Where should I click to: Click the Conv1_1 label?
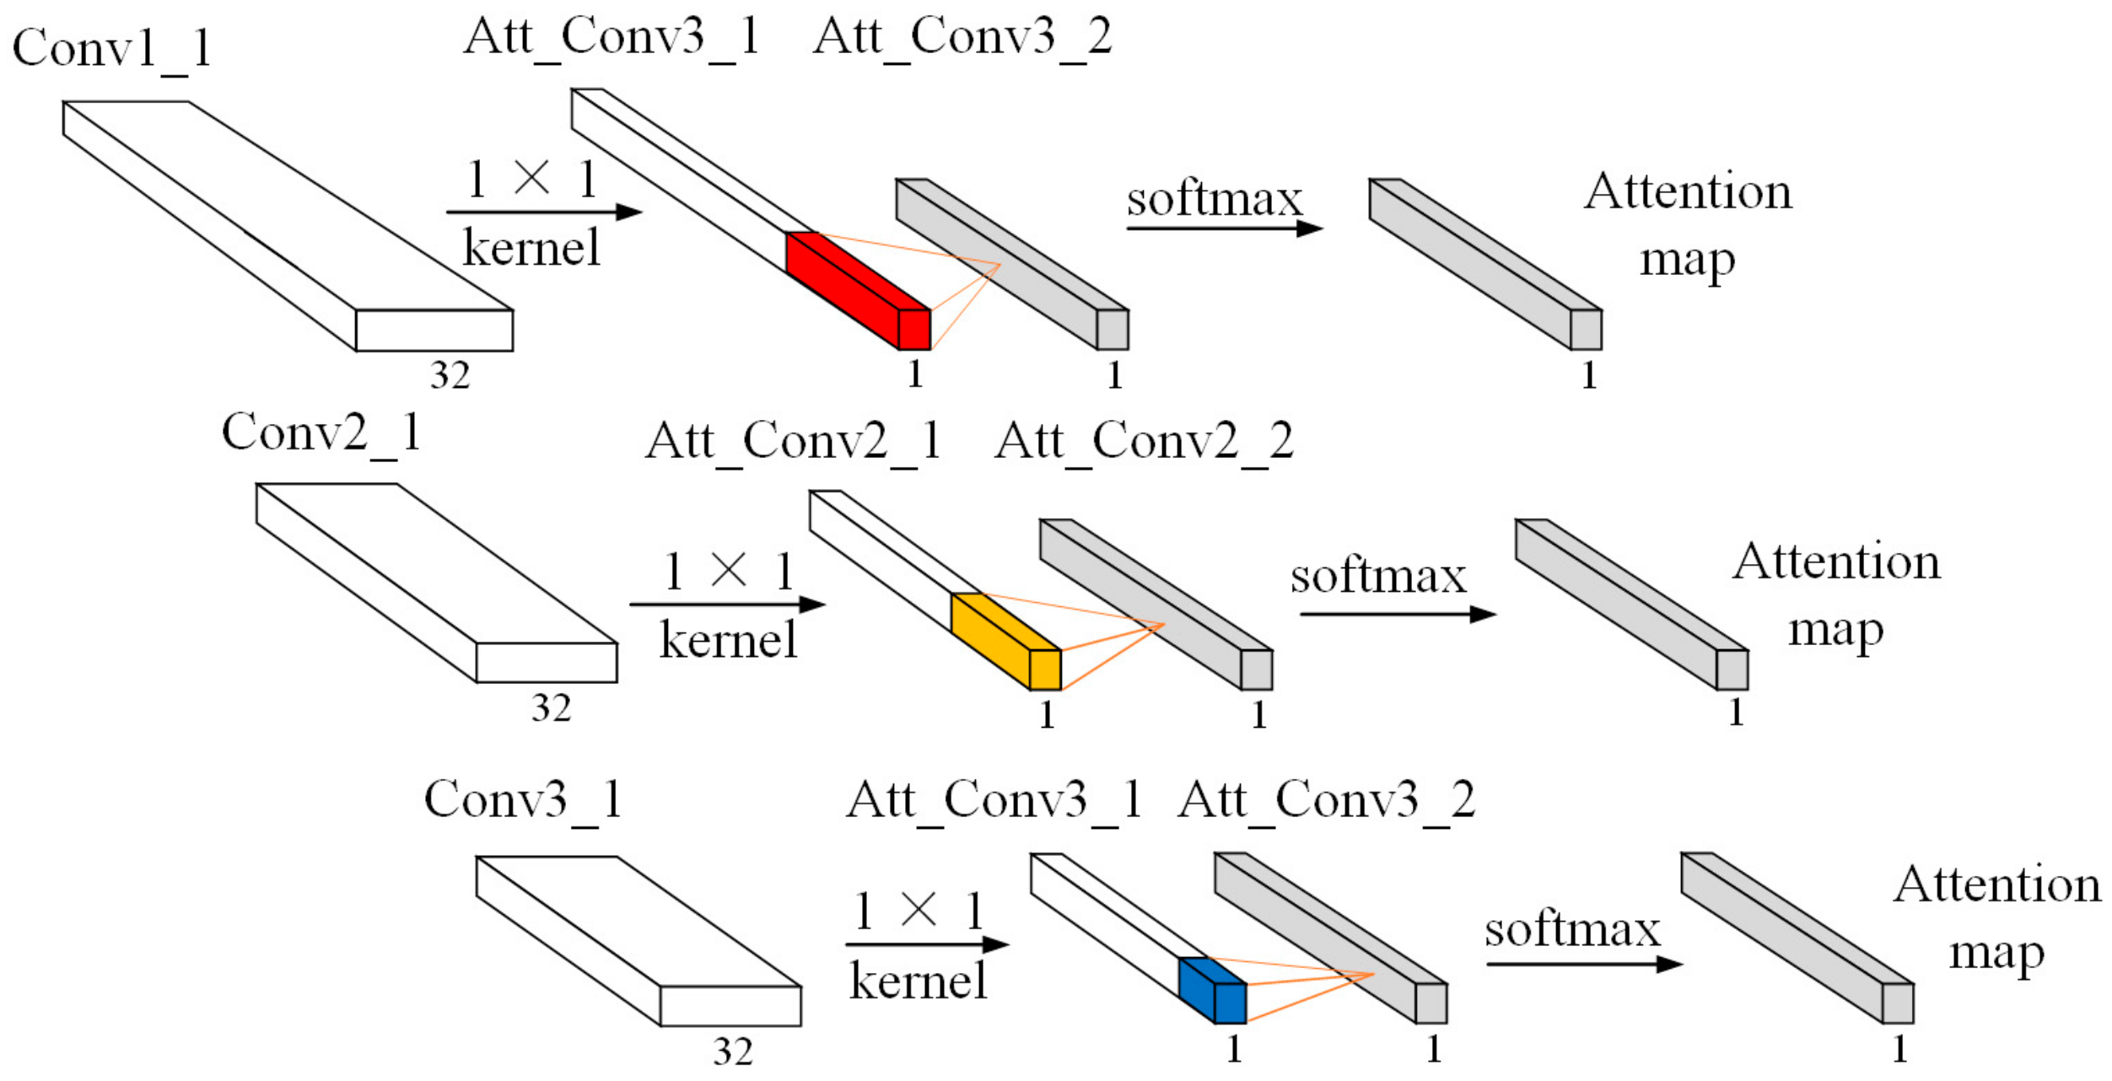click(x=111, y=49)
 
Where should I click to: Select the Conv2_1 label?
click(x=321, y=433)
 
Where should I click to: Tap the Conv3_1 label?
click(x=523, y=799)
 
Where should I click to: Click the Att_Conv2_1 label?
click(x=793, y=441)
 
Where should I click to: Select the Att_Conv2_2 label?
click(x=1144, y=441)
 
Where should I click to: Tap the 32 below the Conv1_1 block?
click(x=450, y=375)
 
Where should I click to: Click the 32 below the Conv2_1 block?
click(x=551, y=707)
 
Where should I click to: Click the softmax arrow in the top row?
click(x=1223, y=229)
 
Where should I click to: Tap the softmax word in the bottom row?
click(x=1572, y=930)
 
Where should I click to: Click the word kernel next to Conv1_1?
click(x=531, y=248)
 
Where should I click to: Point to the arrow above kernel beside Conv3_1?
click(x=926, y=944)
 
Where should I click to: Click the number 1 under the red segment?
click(x=915, y=374)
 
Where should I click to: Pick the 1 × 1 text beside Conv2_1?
click(x=728, y=571)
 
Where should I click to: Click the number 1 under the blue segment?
click(x=1234, y=1049)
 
